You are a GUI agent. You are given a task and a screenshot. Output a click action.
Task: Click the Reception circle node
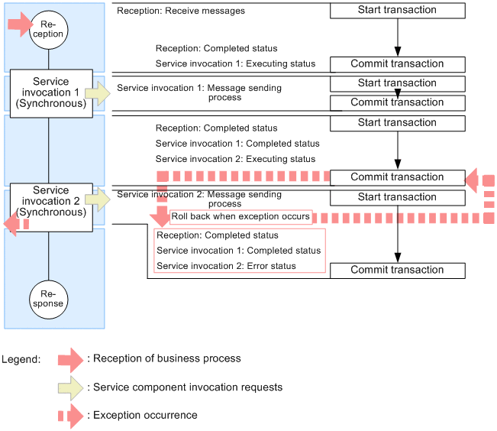[x=49, y=29]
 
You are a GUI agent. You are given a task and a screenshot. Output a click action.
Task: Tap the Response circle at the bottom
[x=49, y=298]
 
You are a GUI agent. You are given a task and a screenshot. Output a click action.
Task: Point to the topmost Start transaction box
[x=397, y=11]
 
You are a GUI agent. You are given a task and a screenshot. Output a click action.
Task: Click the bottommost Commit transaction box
[x=397, y=270]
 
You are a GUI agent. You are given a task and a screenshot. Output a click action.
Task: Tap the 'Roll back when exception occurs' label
[x=240, y=217]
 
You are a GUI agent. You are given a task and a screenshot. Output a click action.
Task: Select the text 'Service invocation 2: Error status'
[x=226, y=266]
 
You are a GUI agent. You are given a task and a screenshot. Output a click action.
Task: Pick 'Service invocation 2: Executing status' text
[x=235, y=159]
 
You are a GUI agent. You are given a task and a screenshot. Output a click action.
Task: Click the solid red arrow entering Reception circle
[x=18, y=24]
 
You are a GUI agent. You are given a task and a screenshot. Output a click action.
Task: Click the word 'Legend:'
[x=21, y=359]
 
